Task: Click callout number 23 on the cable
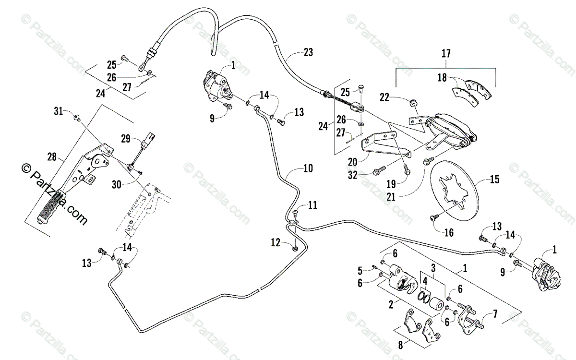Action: pos(308,52)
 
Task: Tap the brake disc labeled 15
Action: pos(455,192)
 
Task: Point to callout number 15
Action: pos(494,180)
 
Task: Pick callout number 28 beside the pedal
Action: pos(52,156)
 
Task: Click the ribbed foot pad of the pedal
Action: pos(52,206)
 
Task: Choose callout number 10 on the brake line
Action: pos(307,168)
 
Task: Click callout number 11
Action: pos(312,205)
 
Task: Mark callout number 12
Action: pos(275,244)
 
